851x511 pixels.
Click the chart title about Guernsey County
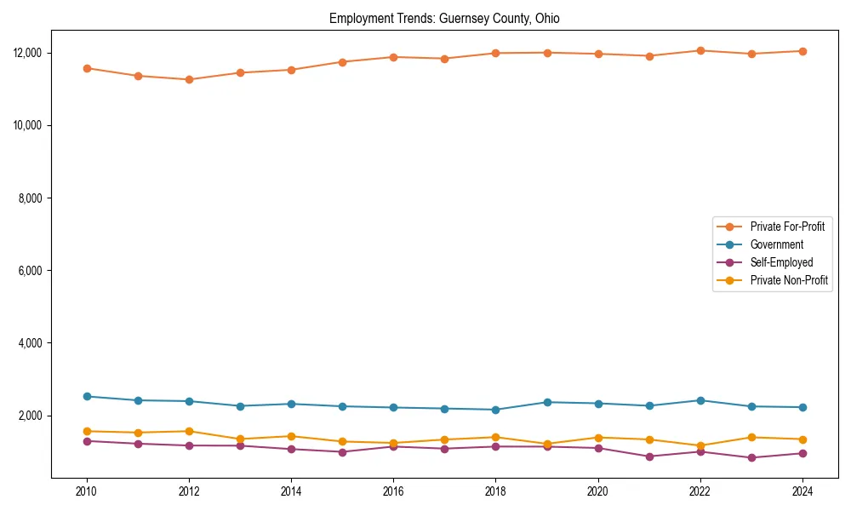coord(444,19)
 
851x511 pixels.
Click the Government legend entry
coord(776,244)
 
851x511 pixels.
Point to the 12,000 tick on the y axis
coord(27,53)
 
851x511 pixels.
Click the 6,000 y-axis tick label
coord(30,271)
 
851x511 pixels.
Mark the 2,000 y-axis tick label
coord(30,416)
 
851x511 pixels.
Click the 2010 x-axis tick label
coord(86,491)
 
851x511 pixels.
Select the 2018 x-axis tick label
coord(495,491)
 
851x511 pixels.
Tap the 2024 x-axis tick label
coord(802,491)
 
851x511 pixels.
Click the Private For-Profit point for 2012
coord(189,79)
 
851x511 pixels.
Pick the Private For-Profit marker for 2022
coord(700,50)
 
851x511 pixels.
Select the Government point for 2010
coord(87,396)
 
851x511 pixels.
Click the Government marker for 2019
coord(546,402)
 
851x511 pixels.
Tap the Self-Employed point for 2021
coord(648,456)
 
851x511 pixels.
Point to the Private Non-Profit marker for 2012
coord(189,431)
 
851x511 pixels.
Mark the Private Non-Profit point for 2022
coord(700,445)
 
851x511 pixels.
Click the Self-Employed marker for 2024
coord(802,453)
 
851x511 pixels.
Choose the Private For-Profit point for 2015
coord(342,61)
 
